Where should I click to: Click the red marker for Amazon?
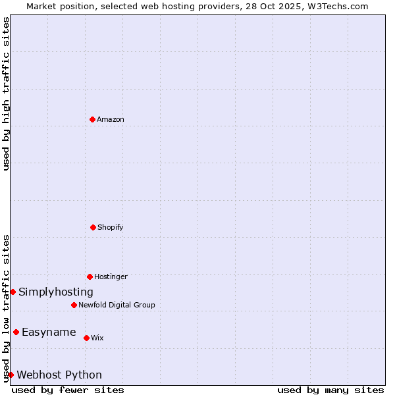coord(92,119)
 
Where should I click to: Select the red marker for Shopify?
coord(93,227)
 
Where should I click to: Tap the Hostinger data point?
coord(90,276)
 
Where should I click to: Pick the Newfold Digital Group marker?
coord(74,305)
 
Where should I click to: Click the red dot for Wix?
coord(86,338)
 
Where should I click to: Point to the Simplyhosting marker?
coord(13,292)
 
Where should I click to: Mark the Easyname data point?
coord(16,332)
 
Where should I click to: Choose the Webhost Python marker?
coord(11,375)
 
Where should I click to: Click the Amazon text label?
coord(111,119)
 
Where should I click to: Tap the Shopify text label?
coord(111,227)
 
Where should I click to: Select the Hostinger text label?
coord(111,276)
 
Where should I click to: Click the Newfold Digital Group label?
coord(117,305)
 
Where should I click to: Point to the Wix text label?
coord(97,338)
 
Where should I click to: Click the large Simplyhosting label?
coord(56,292)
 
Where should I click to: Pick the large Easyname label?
coord(49,332)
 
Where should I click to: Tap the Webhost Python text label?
coord(59,375)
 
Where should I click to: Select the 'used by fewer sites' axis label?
coord(68,390)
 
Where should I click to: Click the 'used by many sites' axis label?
coord(330,390)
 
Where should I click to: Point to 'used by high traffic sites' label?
coord(6,93)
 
